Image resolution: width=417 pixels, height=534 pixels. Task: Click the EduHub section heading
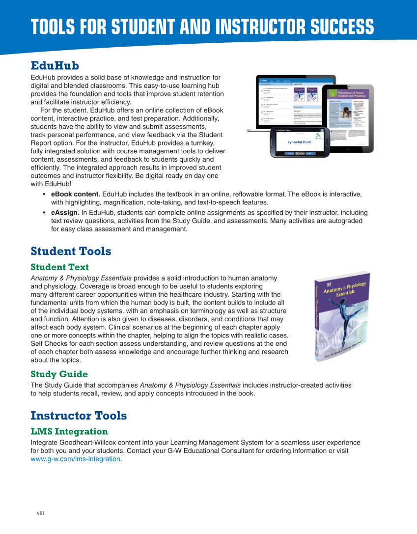[x=55, y=65]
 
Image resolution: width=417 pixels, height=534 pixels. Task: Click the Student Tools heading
[x=71, y=251]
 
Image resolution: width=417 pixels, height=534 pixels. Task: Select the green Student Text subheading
[x=59, y=267]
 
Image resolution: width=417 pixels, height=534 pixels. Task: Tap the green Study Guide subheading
[x=59, y=374]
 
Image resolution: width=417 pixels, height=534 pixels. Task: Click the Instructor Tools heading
[x=79, y=416]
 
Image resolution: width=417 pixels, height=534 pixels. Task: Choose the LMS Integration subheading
[x=69, y=431]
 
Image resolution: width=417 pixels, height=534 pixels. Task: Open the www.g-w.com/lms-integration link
[x=75, y=459]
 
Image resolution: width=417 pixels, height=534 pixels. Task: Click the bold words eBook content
[x=76, y=194]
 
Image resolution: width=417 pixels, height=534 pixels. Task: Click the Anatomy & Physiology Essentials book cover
[x=342, y=317]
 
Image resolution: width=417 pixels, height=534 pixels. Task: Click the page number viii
[x=41, y=513]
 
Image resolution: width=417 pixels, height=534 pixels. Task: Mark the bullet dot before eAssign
[x=45, y=213]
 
